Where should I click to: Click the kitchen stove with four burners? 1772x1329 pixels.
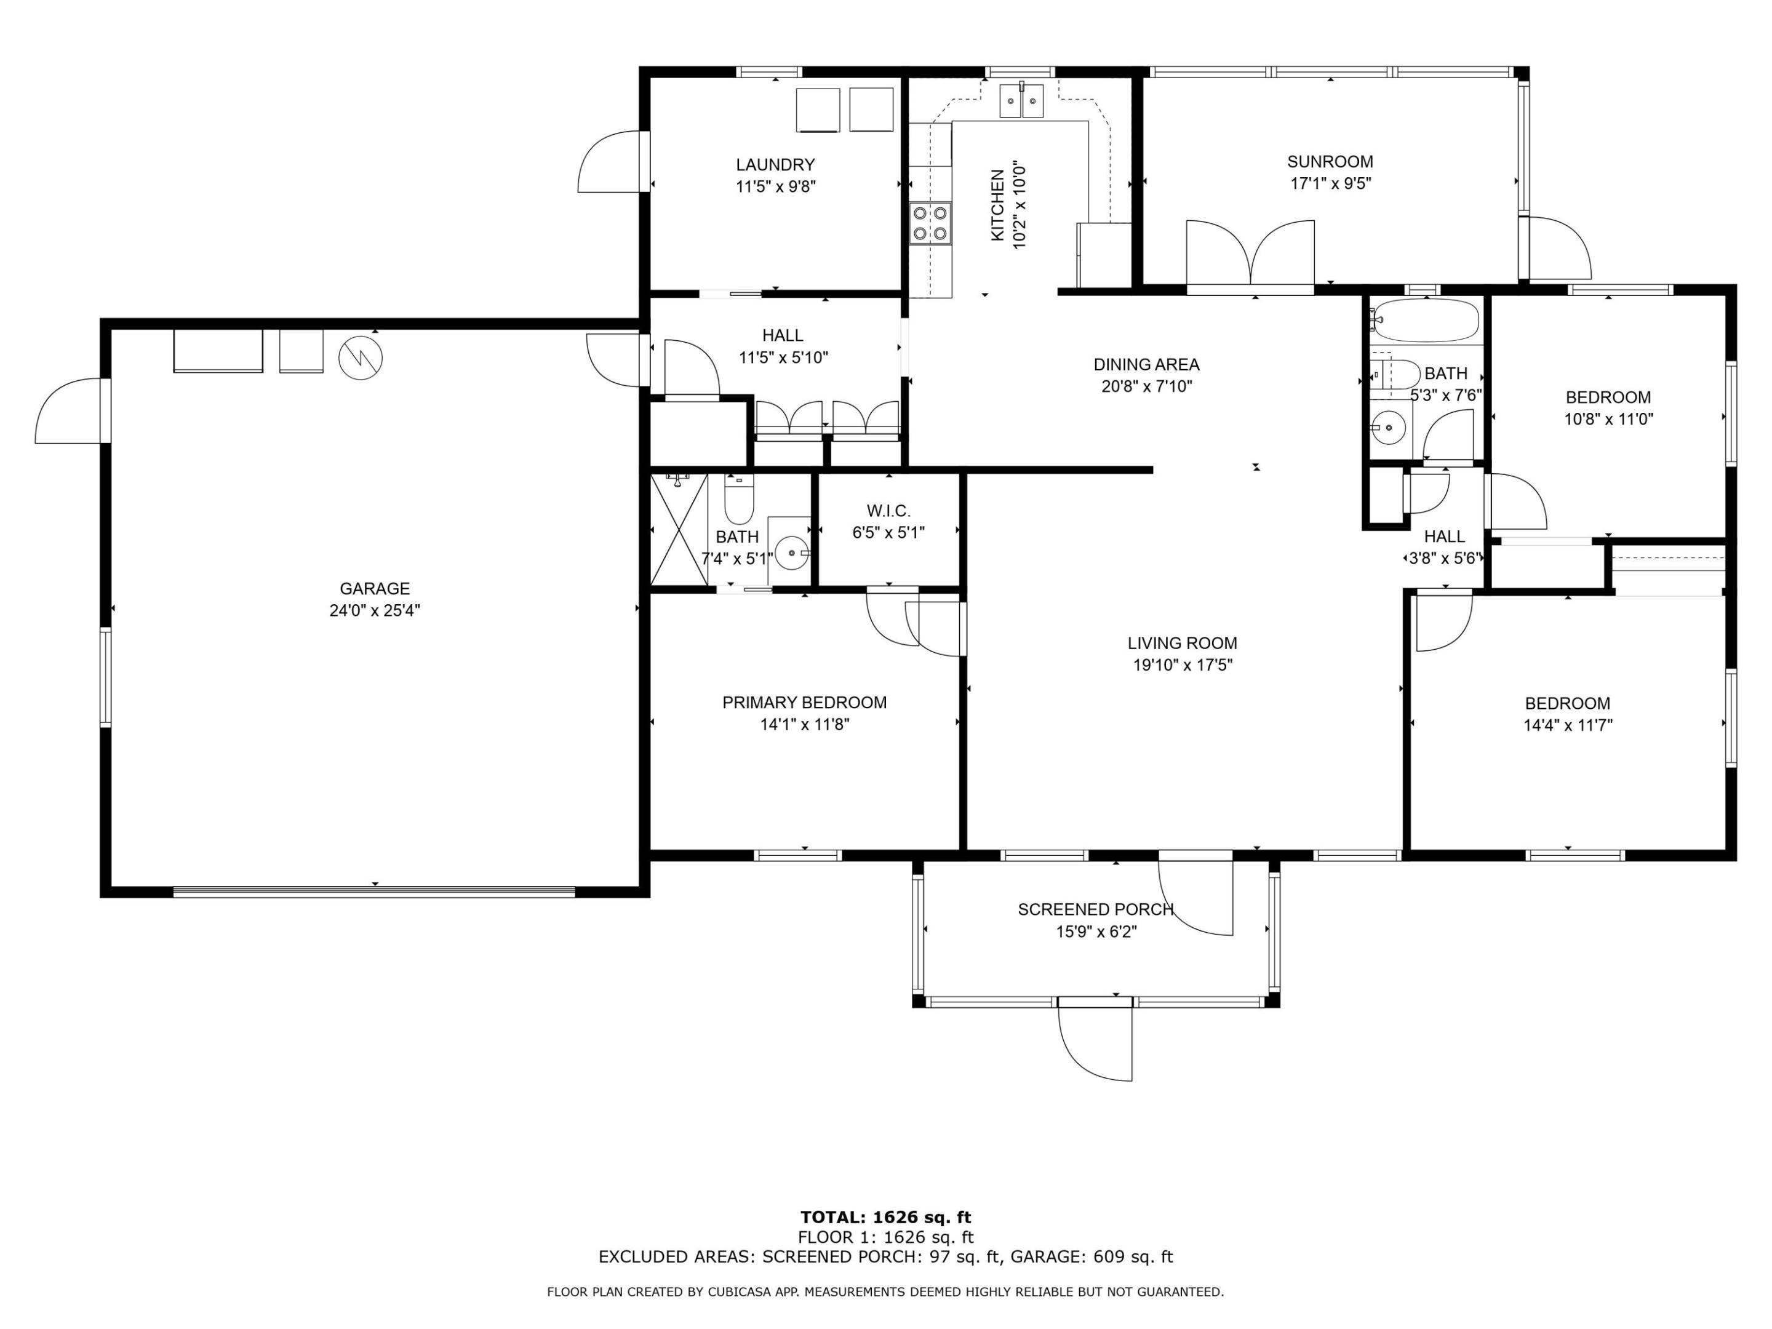pyautogui.click(x=930, y=223)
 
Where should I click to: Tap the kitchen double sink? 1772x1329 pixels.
pyautogui.click(x=1021, y=101)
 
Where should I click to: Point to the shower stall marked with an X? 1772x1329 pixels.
pyautogui.click(x=679, y=530)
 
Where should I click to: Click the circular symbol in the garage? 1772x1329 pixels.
pyautogui.click(x=361, y=358)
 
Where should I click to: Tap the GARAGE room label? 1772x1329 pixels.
pyautogui.click(x=374, y=589)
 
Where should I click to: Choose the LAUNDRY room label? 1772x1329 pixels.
pyautogui.click(x=775, y=165)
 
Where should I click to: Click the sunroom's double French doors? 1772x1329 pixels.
pyautogui.click(x=1250, y=255)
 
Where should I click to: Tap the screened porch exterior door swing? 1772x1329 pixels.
pyautogui.click(x=1096, y=1042)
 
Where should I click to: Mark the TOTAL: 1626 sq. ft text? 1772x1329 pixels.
pyautogui.click(x=885, y=1218)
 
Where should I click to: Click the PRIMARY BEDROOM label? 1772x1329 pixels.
pyautogui.click(x=804, y=703)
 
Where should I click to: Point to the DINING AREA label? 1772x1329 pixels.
pyautogui.click(x=1146, y=364)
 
